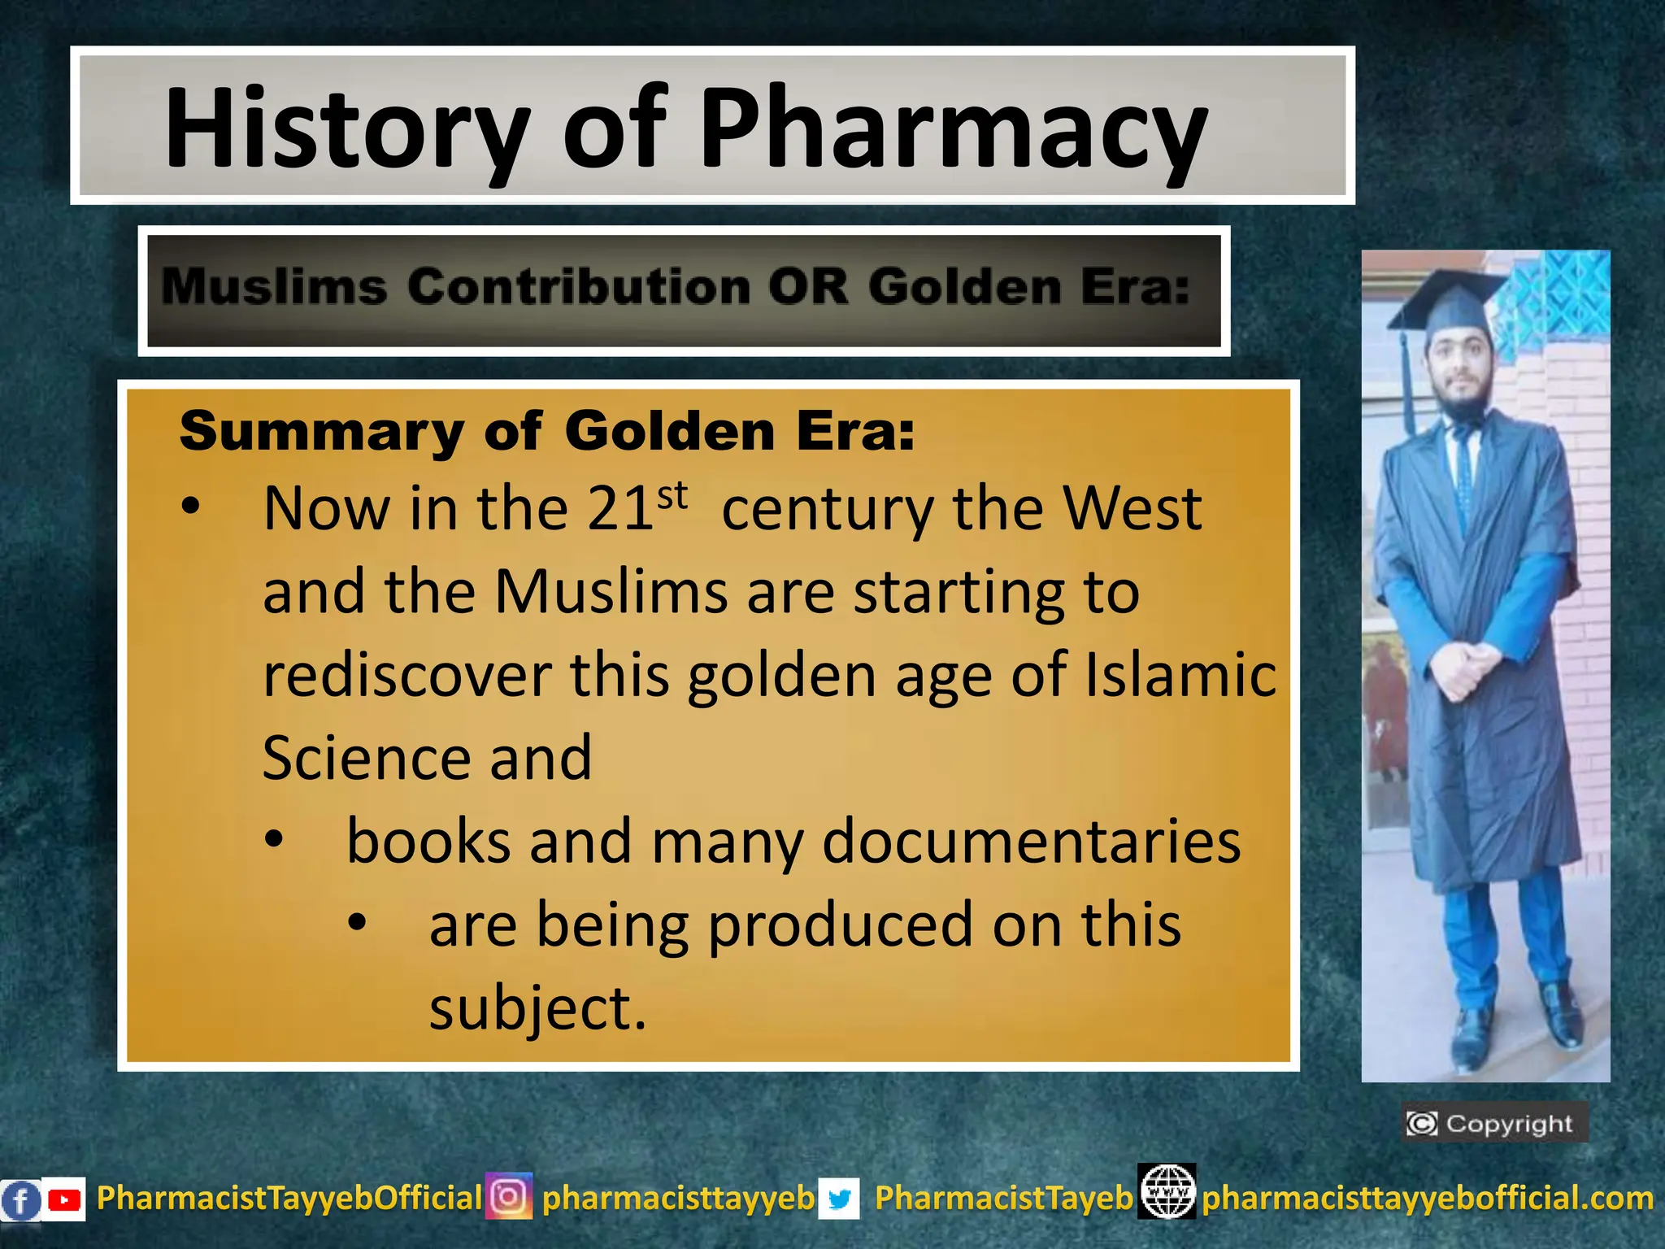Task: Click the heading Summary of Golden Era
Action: click(546, 431)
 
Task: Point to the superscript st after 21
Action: click(672, 495)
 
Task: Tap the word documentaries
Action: click(1031, 842)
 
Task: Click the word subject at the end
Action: click(537, 1008)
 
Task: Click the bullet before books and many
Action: click(274, 840)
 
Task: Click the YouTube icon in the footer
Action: click(63, 1199)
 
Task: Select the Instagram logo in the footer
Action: click(509, 1197)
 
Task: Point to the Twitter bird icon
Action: click(839, 1199)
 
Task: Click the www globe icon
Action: click(1167, 1192)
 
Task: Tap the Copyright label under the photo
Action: click(1494, 1124)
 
